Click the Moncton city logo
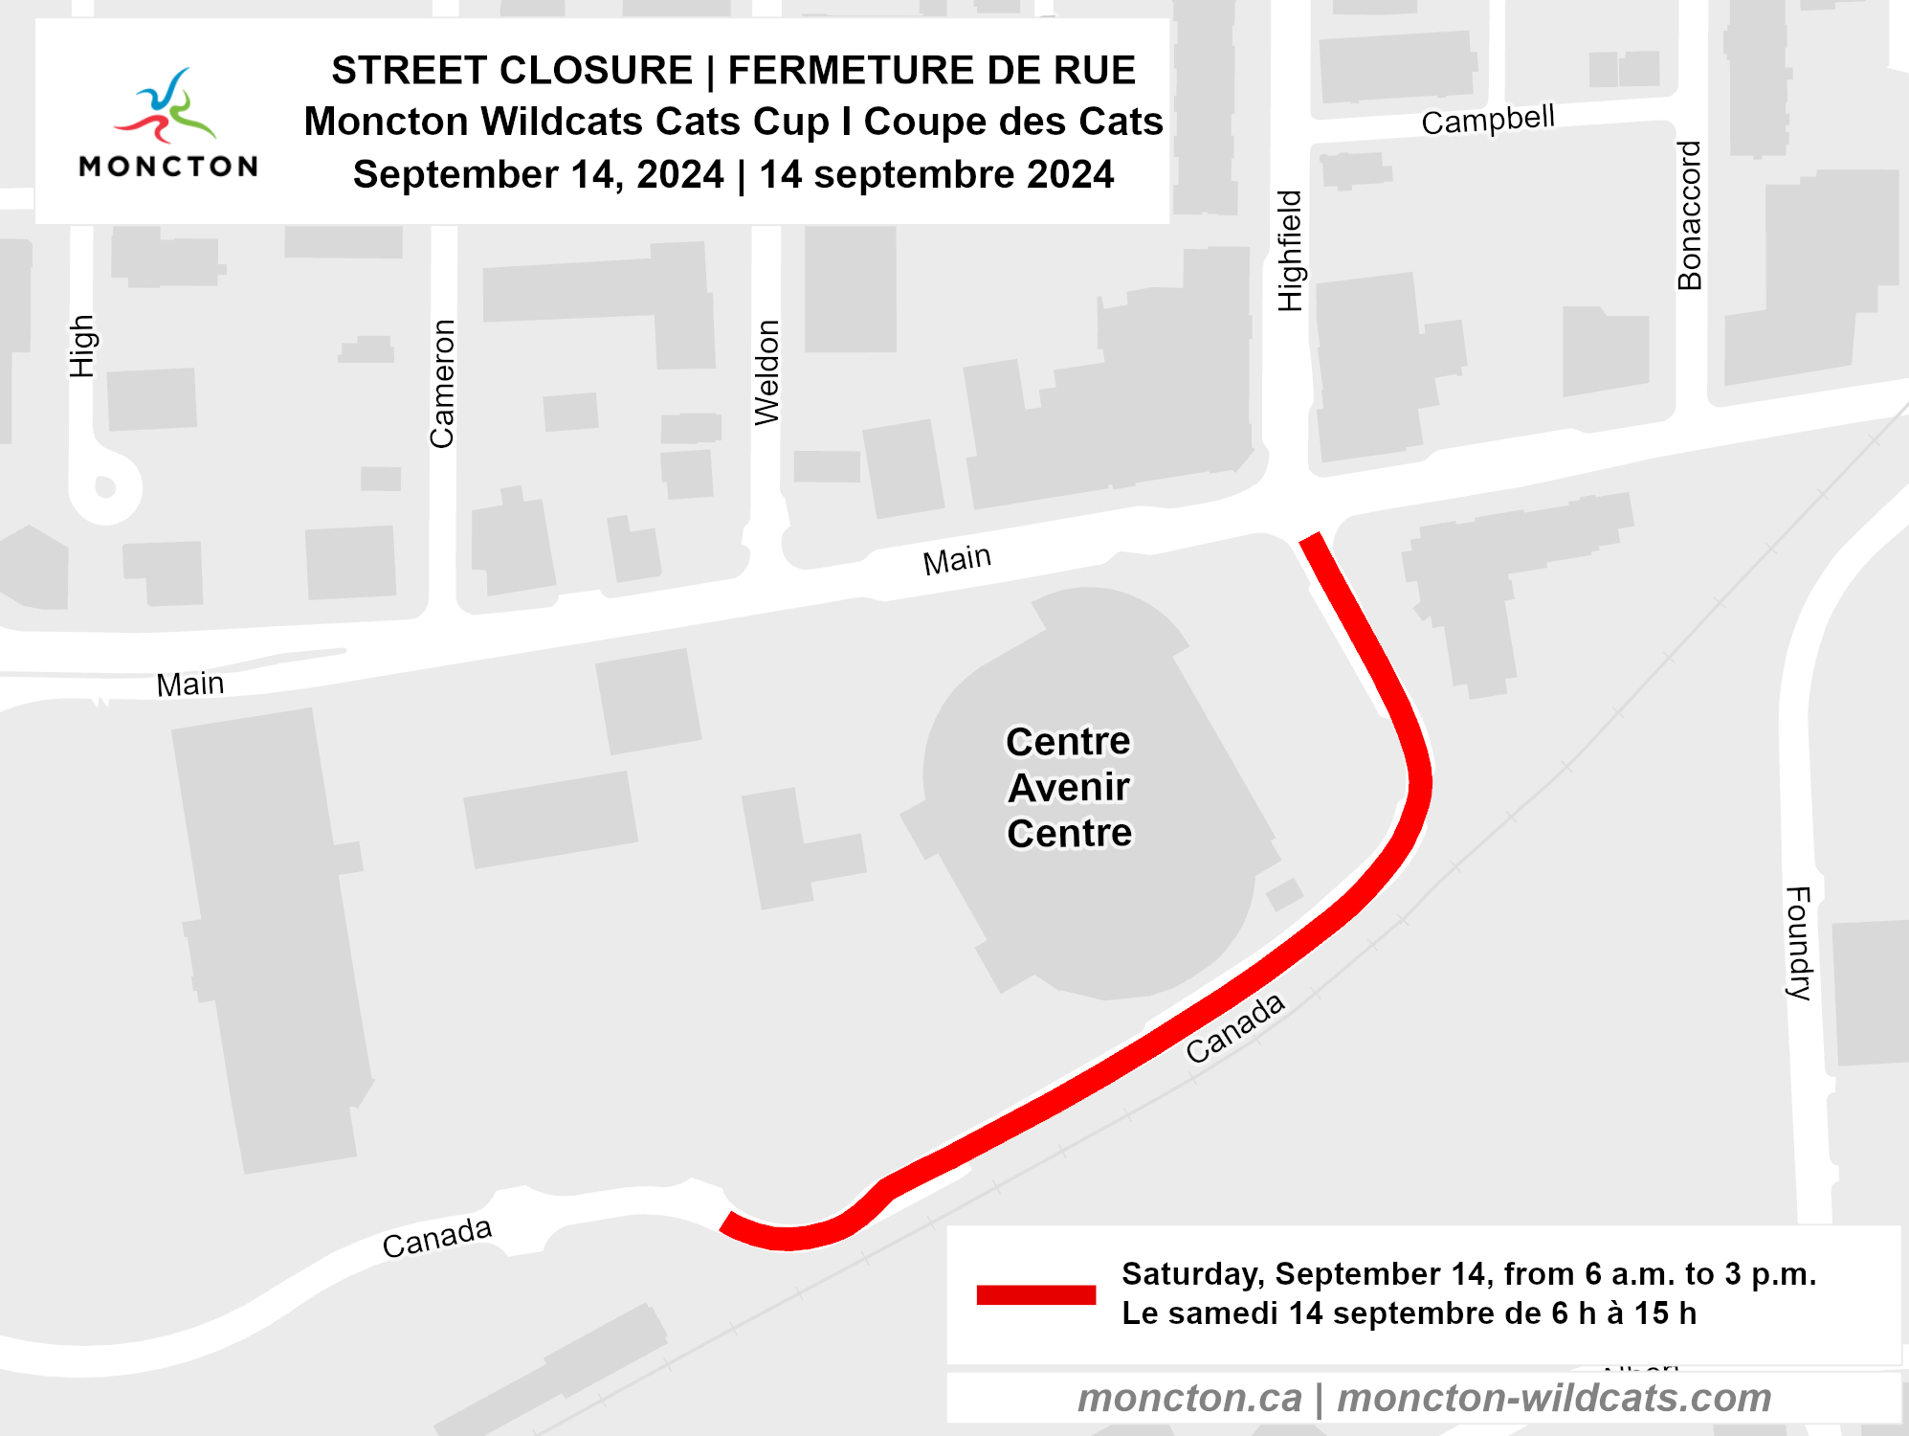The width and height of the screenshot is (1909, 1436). click(168, 123)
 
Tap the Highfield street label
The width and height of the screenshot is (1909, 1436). click(1290, 251)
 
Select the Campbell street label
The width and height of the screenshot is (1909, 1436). click(1488, 121)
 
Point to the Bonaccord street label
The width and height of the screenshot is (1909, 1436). click(1690, 215)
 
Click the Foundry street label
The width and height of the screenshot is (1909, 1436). click(1799, 943)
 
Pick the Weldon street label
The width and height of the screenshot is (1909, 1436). click(767, 372)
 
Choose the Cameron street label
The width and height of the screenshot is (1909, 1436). click(442, 384)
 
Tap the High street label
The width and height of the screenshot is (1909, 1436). click(82, 347)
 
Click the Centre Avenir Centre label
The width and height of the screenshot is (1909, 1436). click(1069, 787)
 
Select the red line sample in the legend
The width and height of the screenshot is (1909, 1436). click(1035, 1294)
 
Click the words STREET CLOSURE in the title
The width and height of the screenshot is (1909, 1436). click(512, 71)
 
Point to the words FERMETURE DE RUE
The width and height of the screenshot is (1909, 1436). click(931, 71)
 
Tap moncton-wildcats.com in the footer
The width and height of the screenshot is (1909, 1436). click(1554, 1398)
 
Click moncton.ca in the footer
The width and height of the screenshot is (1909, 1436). click(1189, 1398)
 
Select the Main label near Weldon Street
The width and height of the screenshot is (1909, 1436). click(957, 559)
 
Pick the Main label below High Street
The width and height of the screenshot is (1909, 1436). click(190, 684)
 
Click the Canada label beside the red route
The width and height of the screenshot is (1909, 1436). click(1234, 1028)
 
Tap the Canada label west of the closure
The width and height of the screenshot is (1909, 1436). click(436, 1238)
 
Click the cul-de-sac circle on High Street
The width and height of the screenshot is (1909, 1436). click(106, 487)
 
